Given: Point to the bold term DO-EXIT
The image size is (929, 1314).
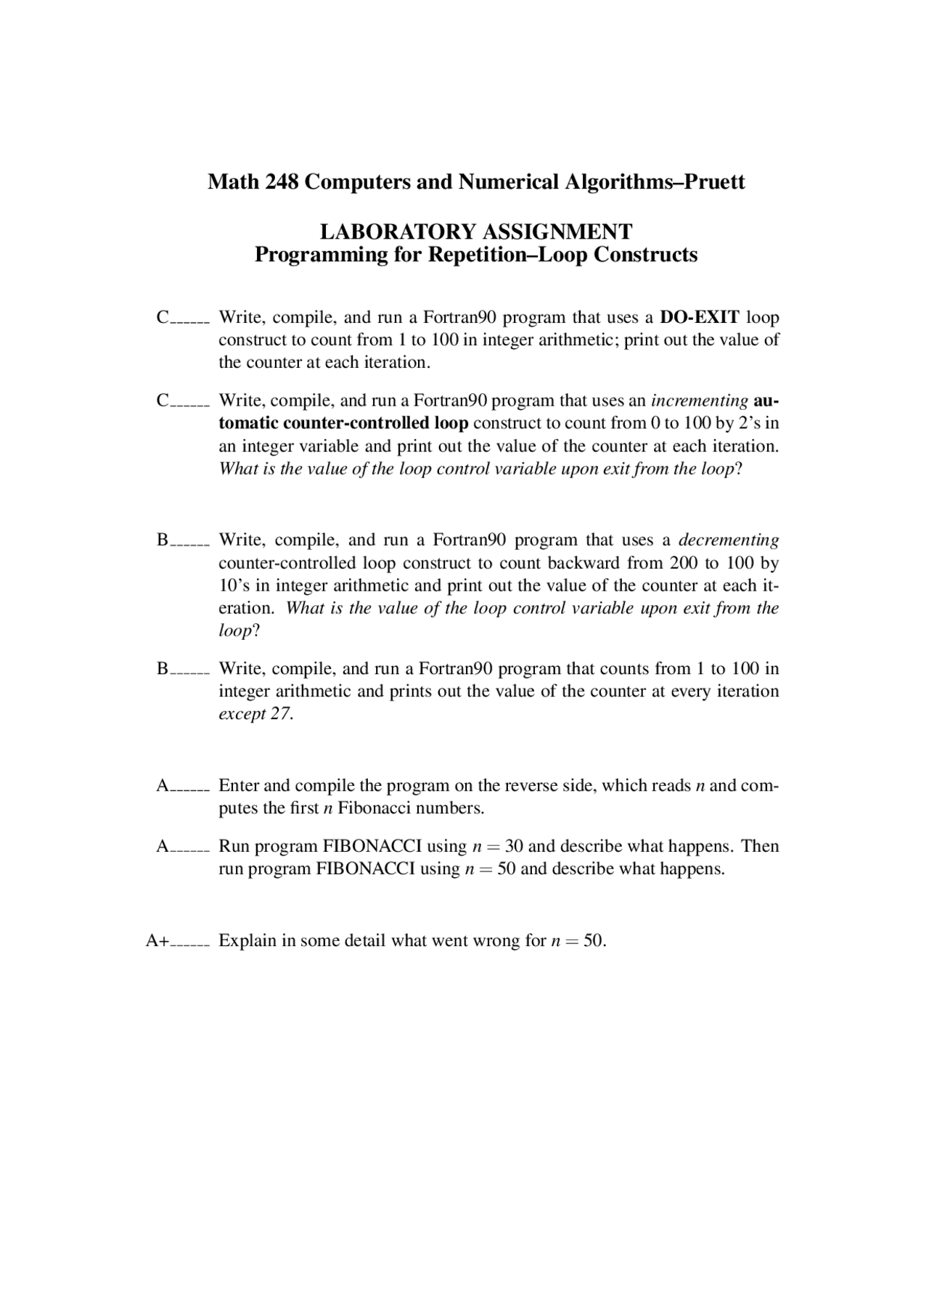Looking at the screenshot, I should (x=700, y=317).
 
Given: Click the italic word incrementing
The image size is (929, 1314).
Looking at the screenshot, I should (x=700, y=401).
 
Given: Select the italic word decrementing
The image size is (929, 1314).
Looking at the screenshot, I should (x=729, y=540).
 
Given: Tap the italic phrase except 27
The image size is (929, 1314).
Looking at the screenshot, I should (x=256, y=714).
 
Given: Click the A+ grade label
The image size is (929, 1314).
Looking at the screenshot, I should (x=157, y=941).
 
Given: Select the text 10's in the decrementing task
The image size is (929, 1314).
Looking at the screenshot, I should (x=234, y=586).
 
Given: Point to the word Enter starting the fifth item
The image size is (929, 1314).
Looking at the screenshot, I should (x=239, y=786).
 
